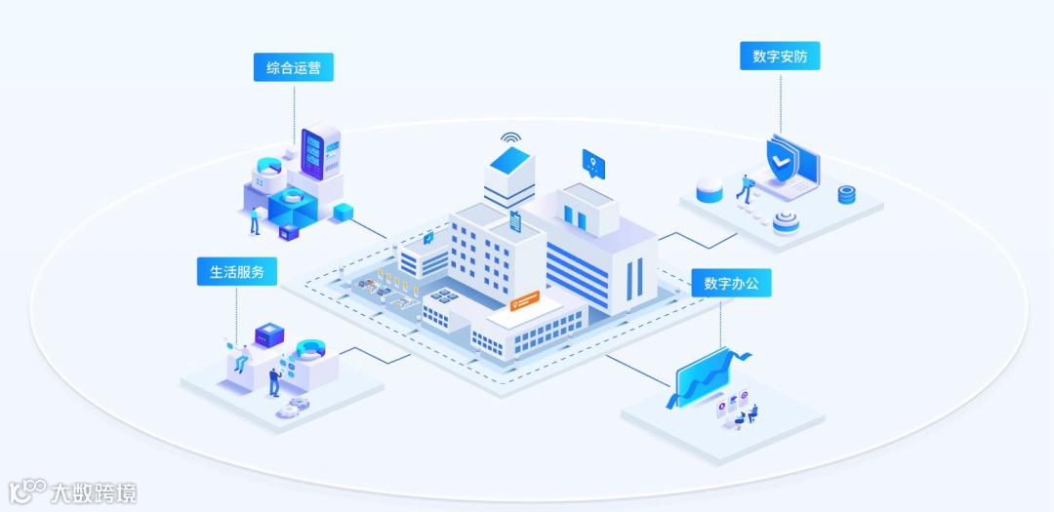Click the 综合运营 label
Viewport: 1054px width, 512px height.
click(294, 67)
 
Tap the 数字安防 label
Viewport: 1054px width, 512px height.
click(780, 57)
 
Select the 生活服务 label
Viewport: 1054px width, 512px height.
click(237, 271)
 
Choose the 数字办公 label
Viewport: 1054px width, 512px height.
click(731, 284)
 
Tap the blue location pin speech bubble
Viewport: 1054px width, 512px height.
click(593, 163)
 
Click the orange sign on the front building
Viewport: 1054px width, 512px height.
click(526, 302)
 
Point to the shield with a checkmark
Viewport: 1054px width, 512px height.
click(780, 161)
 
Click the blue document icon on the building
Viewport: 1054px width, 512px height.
click(515, 220)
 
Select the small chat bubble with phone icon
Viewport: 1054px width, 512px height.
click(427, 237)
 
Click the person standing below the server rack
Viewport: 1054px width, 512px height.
click(255, 220)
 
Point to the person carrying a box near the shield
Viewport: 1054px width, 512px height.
click(746, 187)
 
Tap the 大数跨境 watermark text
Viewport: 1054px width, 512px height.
click(94, 492)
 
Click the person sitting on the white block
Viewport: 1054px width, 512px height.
click(239, 356)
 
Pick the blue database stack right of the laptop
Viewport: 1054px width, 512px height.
click(846, 195)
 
